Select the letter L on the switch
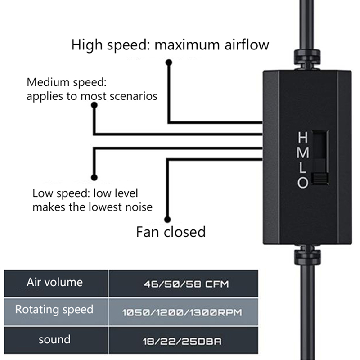pyautogui.click(x=303, y=168)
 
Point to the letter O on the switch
pyautogui.click(x=303, y=183)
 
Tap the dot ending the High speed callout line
pyautogui.click(x=169, y=63)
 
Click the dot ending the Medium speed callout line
pyautogui.click(x=94, y=105)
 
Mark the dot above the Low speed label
pyautogui.click(x=94, y=177)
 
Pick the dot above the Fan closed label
pyautogui.click(x=168, y=220)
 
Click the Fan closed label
pyautogui.click(x=171, y=232)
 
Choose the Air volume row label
pyautogui.click(x=54, y=283)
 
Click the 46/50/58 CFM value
pyautogui.click(x=186, y=284)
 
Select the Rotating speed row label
pyautogui.click(x=54, y=310)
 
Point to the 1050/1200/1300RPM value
pyautogui.click(x=186, y=311)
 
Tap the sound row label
pyautogui.click(x=54, y=339)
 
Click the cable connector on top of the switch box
pyautogui.click(x=306, y=59)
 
